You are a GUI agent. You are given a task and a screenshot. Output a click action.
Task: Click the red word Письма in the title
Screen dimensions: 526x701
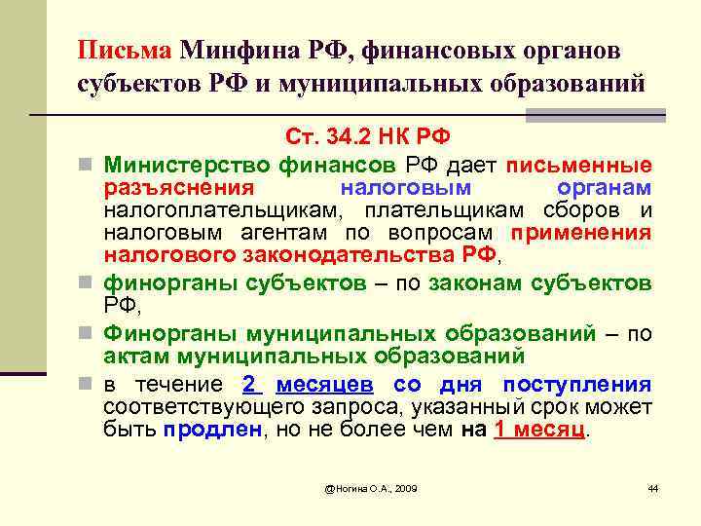pyautogui.click(x=125, y=51)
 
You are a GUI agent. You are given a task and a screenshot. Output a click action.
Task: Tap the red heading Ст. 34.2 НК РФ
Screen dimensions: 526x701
pyautogui.click(x=367, y=135)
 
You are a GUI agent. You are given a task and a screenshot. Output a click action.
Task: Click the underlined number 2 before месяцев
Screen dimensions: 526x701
pyautogui.click(x=249, y=383)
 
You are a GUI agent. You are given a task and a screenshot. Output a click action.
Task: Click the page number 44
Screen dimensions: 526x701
pyautogui.click(x=652, y=487)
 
